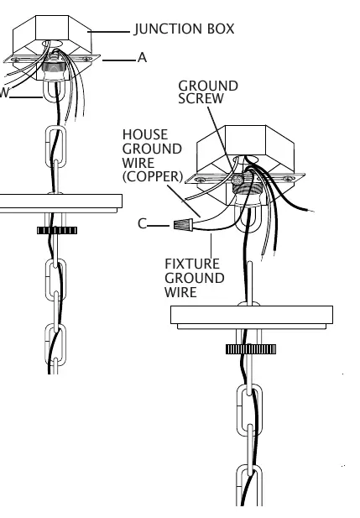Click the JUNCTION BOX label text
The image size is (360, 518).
pos(185,29)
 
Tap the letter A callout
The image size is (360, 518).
pos(142,57)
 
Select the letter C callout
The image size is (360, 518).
pos(142,223)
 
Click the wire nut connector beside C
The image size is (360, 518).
pos(183,225)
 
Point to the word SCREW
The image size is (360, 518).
pos(201,98)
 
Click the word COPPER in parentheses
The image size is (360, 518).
pos(153,176)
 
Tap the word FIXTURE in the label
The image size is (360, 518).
pos(192,264)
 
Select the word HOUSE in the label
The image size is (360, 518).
pos(145,134)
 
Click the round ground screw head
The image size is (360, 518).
pos(237,180)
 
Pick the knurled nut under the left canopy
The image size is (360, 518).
pos(57,230)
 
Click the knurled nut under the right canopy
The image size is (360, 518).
pos(251,349)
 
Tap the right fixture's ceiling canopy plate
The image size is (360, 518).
pos(252,317)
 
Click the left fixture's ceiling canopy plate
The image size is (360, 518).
pos(60,203)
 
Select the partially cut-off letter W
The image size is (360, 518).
pos(4,93)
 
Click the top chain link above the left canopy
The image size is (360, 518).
pos(55,146)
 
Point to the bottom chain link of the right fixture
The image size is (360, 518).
pos(249,485)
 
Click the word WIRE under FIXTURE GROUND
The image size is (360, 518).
pos(180,292)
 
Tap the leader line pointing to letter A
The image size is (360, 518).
pos(119,60)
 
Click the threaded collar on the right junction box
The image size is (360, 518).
pos(245,189)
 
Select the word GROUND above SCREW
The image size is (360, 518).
pos(208,86)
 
